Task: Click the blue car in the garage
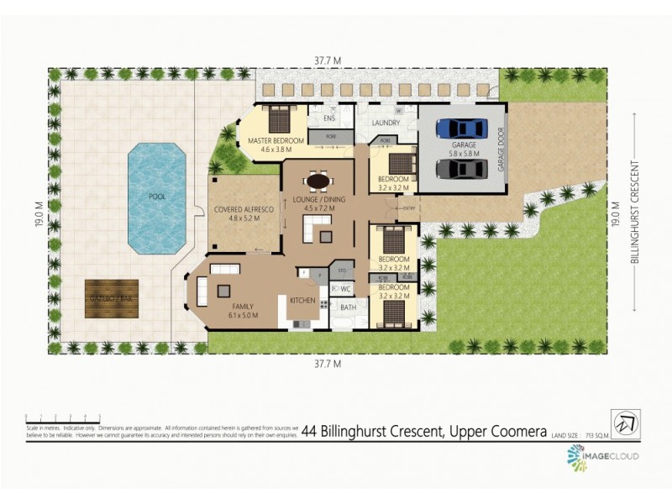[460, 129]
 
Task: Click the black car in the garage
[460, 168]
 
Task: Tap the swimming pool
[156, 197]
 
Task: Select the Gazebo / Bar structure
[112, 297]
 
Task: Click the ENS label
[329, 119]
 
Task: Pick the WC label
[345, 289]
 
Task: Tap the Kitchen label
[302, 300]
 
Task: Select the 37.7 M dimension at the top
[328, 60]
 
